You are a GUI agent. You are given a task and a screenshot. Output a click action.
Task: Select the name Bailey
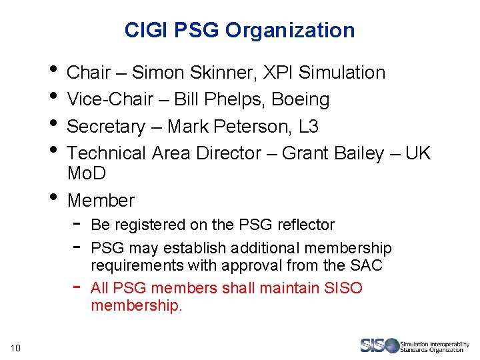pyautogui.click(x=359, y=153)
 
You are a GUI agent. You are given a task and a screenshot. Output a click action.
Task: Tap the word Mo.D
pyautogui.click(x=87, y=173)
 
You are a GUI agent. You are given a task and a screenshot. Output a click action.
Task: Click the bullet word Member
pyautogui.click(x=101, y=200)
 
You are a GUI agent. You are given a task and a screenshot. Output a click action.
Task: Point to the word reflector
pyautogui.click(x=303, y=225)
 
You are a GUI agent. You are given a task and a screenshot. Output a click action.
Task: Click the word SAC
pyautogui.click(x=366, y=265)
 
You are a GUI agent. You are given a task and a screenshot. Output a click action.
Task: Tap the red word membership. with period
pyautogui.click(x=136, y=306)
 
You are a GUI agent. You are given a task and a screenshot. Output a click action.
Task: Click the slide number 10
pyautogui.click(x=16, y=347)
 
